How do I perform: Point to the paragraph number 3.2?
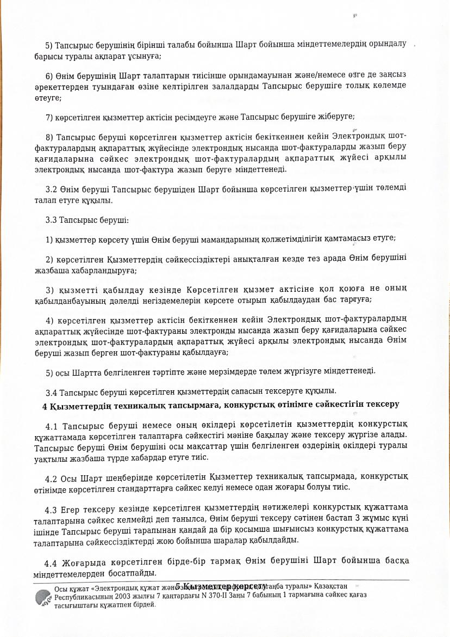(52, 188)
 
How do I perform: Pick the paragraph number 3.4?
(52, 391)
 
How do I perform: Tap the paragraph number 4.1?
(52, 425)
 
